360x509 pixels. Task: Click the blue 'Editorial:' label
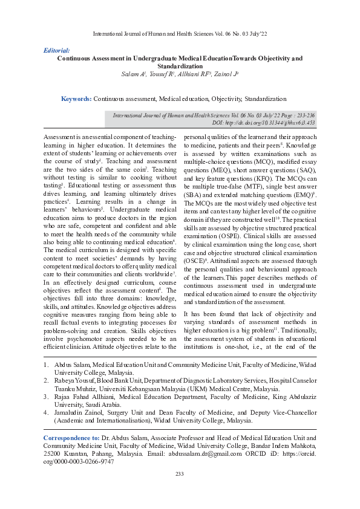(x=57, y=51)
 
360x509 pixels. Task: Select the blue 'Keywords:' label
(x=76, y=98)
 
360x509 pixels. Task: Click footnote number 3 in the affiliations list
(x=47, y=397)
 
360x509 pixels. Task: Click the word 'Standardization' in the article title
(x=180, y=66)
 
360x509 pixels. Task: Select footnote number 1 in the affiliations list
(x=47, y=365)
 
